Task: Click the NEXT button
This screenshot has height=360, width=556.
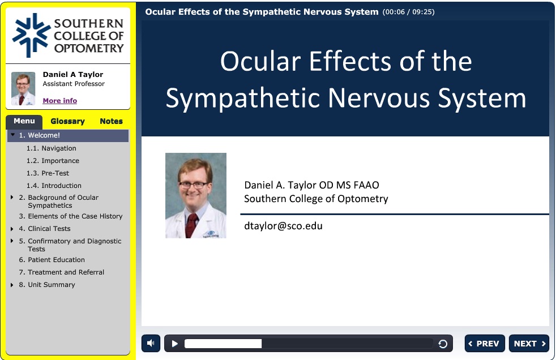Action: coord(529,344)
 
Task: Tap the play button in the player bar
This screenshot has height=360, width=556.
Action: coord(174,344)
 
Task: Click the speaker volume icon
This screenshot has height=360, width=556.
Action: coord(151,344)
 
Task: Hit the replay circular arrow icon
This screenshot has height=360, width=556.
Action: coord(443,344)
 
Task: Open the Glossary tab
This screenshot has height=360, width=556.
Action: coord(67,121)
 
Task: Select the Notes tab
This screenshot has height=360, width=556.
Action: coord(111,121)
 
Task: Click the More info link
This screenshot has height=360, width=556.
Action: coord(59,101)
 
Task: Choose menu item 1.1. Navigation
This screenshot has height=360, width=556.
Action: coord(52,148)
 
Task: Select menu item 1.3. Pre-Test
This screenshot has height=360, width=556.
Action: coord(48,173)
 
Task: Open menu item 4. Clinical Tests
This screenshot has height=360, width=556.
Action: coord(45,229)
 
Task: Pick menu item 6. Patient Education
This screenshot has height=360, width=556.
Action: coord(52,260)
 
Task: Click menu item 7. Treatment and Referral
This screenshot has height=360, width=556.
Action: coord(61,272)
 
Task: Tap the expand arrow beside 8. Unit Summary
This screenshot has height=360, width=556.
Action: coord(12,285)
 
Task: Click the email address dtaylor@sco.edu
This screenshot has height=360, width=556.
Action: coord(283,226)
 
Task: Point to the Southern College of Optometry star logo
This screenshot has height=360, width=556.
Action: coord(31,35)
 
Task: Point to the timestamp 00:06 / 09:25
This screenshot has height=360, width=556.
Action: coord(408,12)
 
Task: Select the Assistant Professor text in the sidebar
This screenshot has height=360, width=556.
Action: coord(74,84)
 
